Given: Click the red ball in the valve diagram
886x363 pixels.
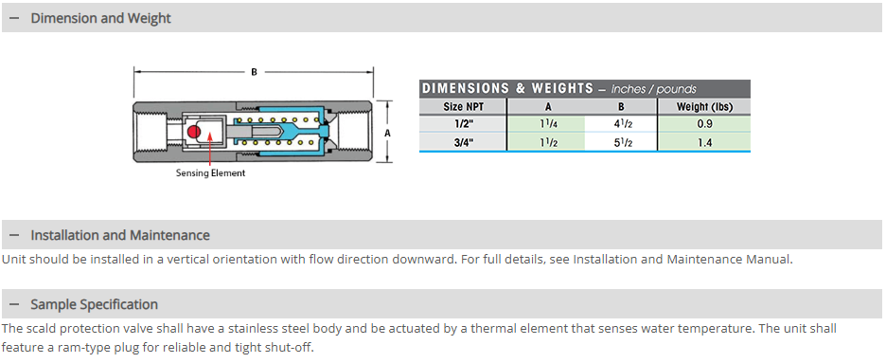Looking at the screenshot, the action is (x=194, y=132).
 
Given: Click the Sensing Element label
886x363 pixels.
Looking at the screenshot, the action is (x=210, y=173).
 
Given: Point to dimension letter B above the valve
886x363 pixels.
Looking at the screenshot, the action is (x=255, y=72).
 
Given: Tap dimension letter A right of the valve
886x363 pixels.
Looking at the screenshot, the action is (x=387, y=134).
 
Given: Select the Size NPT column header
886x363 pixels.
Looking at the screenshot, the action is (x=463, y=106).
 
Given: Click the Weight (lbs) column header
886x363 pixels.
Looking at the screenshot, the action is (x=704, y=106).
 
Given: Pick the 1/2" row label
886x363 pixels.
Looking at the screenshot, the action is (x=463, y=124).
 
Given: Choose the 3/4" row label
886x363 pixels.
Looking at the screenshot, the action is (x=463, y=142).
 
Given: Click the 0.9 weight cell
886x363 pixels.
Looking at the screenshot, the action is (x=704, y=124).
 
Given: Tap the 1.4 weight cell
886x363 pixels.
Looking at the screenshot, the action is (x=704, y=142).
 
